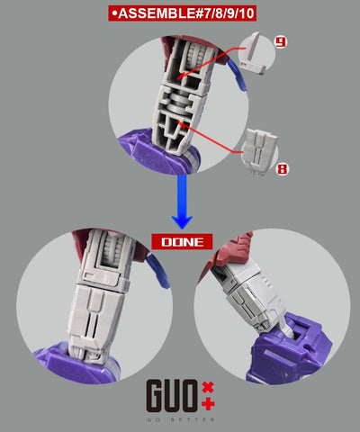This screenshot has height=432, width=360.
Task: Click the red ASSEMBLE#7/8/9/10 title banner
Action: coord(180,13)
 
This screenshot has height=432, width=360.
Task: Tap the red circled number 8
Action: coord(282,166)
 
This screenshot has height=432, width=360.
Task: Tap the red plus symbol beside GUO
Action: coord(209,403)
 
